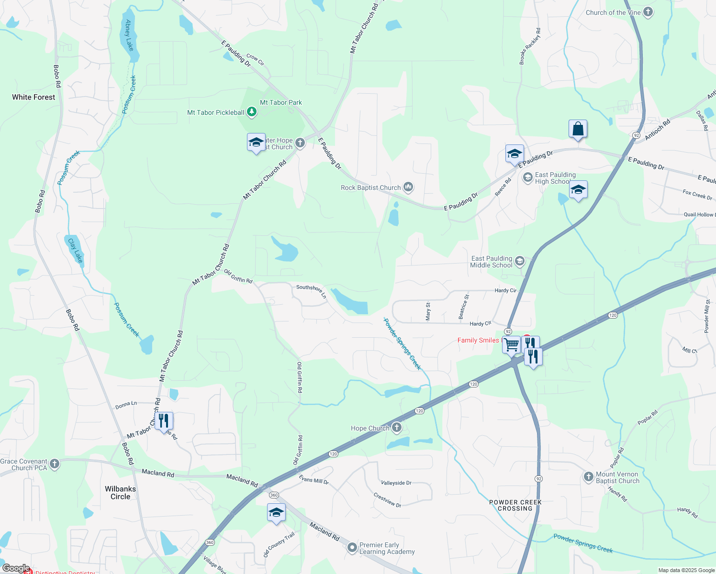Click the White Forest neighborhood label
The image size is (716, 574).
pyautogui.click(x=34, y=97)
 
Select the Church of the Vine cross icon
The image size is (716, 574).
pyautogui.click(x=648, y=12)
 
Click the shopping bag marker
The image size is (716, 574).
pyautogui.click(x=578, y=129)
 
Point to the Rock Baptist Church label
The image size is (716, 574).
pyautogui.click(x=370, y=188)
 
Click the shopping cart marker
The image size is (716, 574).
pyautogui.click(x=511, y=344)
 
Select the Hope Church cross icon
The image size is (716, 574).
pyautogui.click(x=397, y=428)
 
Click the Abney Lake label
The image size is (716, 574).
pyautogui.click(x=128, y=35)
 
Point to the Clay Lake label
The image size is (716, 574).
pyautogui.click(x=75, y=251)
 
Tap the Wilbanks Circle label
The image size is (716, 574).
pyautogui.click(x=120, y=493)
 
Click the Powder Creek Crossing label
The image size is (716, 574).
pyautogui.click(x=515, y=505)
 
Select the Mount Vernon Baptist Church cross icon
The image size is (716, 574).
pyautogui.click(x=589, y=476)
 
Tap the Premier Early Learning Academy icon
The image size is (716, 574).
pyautogui.click(x=352, y=547)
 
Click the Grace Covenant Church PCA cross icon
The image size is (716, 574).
pyautogui.click(x=55, y=464)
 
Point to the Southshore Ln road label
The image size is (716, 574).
pyautogui.click(x=311, y=291)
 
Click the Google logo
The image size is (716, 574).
pyautogui.click(x=16, y=568)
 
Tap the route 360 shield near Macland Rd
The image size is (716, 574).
pyautogui.click(x=274, y=495)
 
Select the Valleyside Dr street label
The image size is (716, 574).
pyautogui.click(x=396, y=483)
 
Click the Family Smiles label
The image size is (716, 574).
pyautogui.click(x=478, y=340)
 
